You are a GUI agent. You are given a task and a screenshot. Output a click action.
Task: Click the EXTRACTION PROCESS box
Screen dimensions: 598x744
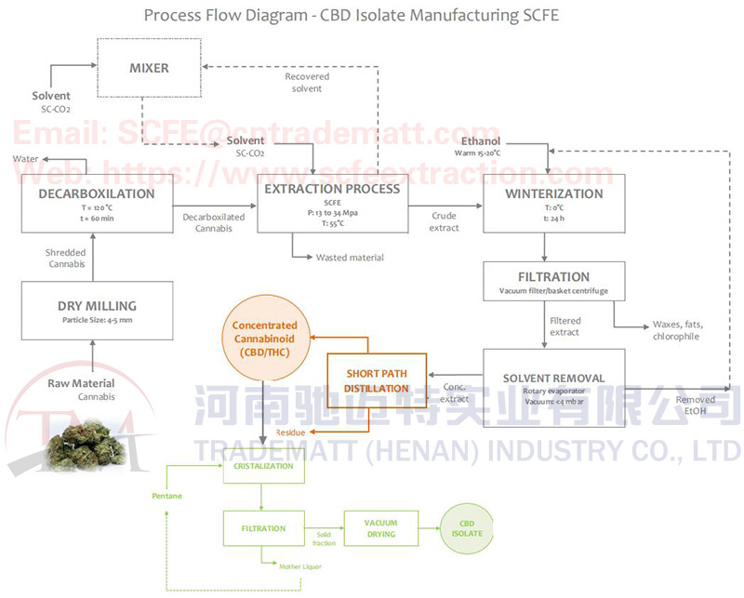tap(332, 204)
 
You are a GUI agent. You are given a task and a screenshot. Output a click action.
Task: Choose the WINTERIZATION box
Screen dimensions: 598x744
tap(553, 204)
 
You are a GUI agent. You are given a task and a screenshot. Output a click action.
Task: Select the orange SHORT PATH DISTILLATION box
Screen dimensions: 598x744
tap(377, 380)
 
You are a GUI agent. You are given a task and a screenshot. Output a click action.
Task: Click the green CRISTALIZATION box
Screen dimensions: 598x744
tap(263, 466)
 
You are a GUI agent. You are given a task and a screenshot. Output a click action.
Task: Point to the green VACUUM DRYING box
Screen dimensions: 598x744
tap(379, 528)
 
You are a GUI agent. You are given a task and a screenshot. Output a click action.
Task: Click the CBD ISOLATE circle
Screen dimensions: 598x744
tap(467, 528)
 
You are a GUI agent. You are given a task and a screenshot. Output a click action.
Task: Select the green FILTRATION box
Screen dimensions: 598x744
tap(263, 528)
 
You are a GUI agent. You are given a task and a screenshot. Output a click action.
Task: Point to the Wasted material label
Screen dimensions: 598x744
tap(349, 258)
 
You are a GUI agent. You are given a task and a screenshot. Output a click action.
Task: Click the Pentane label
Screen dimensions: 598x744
tap(166, 496)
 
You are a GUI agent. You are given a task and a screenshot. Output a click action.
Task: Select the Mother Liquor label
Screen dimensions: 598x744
tap(299, 565)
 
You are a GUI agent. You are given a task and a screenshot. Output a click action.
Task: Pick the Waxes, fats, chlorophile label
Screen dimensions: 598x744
tap(678, 331)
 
